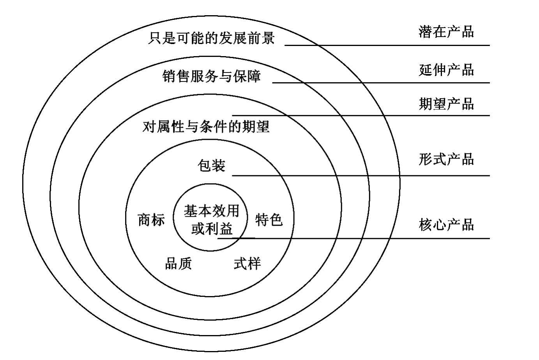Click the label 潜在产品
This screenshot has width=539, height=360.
446,32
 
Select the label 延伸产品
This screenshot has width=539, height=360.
446,70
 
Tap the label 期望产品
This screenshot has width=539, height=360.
446,104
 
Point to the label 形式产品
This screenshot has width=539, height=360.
446,159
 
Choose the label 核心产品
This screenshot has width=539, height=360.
446,225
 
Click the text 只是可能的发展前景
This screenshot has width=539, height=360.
211,38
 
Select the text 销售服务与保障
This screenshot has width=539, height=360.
211,76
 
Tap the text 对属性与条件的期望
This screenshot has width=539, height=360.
206,127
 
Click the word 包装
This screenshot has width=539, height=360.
211,166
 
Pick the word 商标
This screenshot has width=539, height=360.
151,220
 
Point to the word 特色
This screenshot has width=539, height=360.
269,220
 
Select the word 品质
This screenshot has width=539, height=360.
178,263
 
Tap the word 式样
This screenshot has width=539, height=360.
247,263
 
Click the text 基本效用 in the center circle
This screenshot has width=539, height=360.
211,211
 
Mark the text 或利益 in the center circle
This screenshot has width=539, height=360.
211,228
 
